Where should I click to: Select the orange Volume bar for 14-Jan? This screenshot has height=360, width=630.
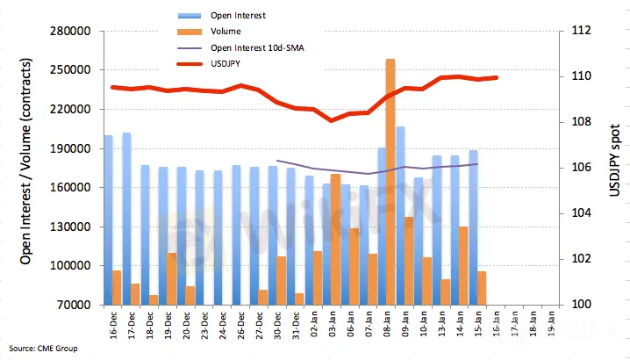(463, 265)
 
